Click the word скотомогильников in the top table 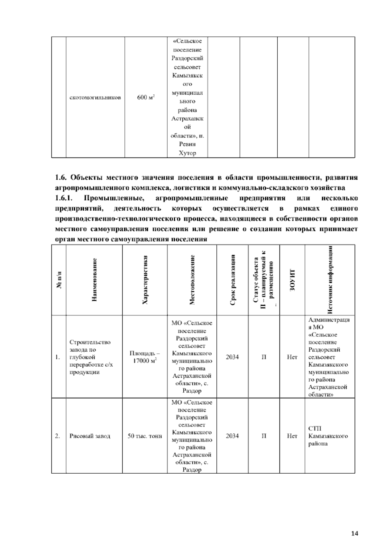coord(95,97)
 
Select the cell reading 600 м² coord(146,97)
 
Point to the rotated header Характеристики coord(145,279)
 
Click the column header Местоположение coord(192,279)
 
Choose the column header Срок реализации coord(233,279)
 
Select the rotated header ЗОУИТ coord(292,279)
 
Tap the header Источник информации coord(330,279)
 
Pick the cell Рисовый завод coord(90,436)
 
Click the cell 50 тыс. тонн coord(145,436)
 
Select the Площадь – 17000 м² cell coord(145,357)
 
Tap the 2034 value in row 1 coord(232,357)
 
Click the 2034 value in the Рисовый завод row coord(232,436)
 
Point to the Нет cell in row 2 coord(292,436)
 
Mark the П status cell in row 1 coord(264,357)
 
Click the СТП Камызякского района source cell coord(328,436)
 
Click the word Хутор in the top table coord(187,153)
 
